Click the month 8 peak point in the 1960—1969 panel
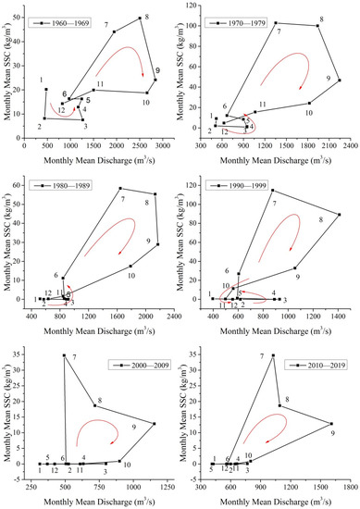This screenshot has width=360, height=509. pos(140,19)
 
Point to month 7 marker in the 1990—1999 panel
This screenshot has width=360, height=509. pos(271,191)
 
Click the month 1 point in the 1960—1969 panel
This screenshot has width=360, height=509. pos(46,89)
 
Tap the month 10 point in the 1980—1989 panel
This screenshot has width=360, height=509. pos(130,267)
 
